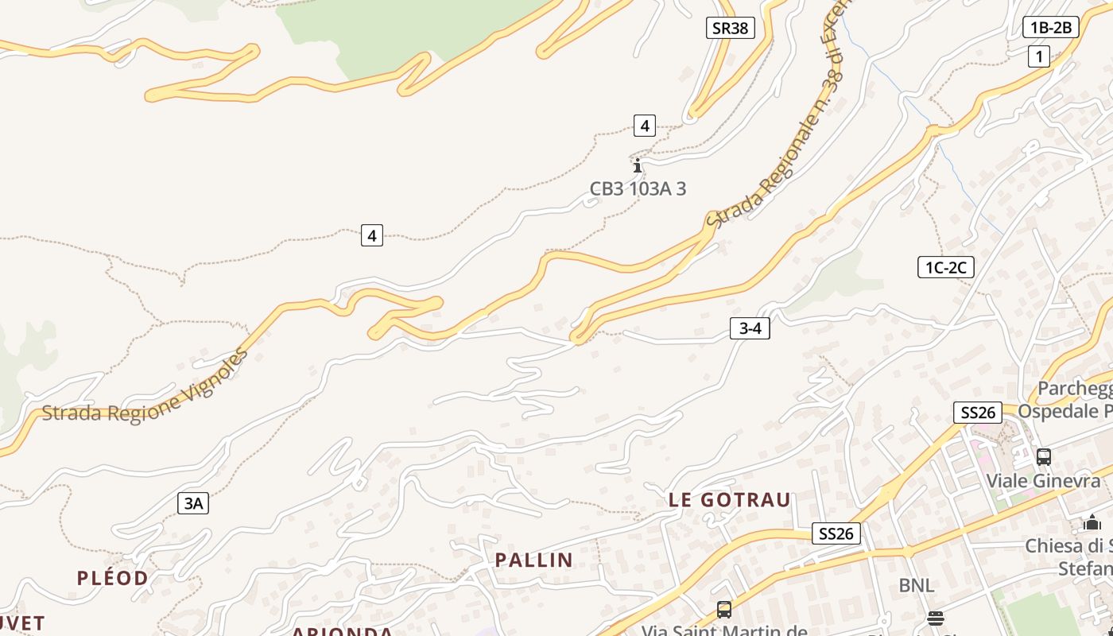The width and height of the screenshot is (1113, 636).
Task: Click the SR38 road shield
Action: click(x=730, y=28)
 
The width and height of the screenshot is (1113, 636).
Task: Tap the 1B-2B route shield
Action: click(x=1050, y=28)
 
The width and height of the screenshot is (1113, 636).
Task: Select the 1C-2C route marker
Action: click(x=945, y=267)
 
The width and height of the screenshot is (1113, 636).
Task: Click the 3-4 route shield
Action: click(x=750, y=328)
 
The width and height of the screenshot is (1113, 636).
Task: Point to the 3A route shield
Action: click(x=193, y=502)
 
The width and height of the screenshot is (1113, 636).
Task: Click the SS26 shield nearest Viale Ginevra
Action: click(x=978, y=412)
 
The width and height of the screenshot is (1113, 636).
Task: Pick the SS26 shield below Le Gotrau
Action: click(x=836, y=533)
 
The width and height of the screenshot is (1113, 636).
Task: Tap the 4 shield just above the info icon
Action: click(x=645, y=126)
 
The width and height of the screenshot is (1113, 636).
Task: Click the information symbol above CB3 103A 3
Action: click(x=637, y=165)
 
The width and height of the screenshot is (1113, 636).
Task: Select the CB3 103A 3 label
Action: click(x=638, y=188)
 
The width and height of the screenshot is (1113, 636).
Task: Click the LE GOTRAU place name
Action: click(x=730, y=500)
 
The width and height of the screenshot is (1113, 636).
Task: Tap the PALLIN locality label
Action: click(x=533, y=560)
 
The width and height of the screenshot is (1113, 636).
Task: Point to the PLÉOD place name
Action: click(x=112, y=578)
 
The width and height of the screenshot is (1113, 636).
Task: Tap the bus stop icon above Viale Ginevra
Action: click(x=1044, y=457)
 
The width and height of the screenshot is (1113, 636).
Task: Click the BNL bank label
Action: click(x=916, y=586)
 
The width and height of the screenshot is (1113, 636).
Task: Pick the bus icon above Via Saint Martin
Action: click(x=723, y=610)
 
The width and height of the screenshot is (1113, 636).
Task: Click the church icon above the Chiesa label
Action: click(x=1092, y=522)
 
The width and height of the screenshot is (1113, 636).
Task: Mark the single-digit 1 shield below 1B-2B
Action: click(x=1038, y=56)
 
